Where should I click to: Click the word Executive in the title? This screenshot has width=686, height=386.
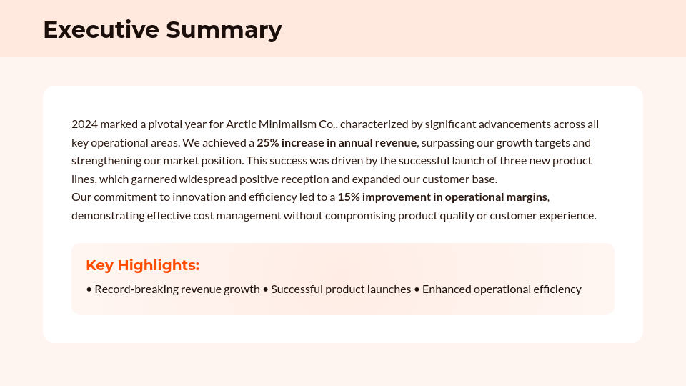click(x=101, y=30)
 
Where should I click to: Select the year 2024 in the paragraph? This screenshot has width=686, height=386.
click(x=84, y=124)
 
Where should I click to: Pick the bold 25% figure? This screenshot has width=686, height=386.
click(x=269, y=142)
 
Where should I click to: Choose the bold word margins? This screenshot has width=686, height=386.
click(x=524, y=197)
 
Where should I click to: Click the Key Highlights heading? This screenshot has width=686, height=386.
click(x=142, y=265)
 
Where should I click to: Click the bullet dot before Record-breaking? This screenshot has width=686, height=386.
click(x=89, y=289)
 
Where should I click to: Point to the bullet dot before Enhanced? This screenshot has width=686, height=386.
click(x=417, y=289)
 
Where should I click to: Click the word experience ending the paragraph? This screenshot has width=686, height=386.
click(x=567, y=215)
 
